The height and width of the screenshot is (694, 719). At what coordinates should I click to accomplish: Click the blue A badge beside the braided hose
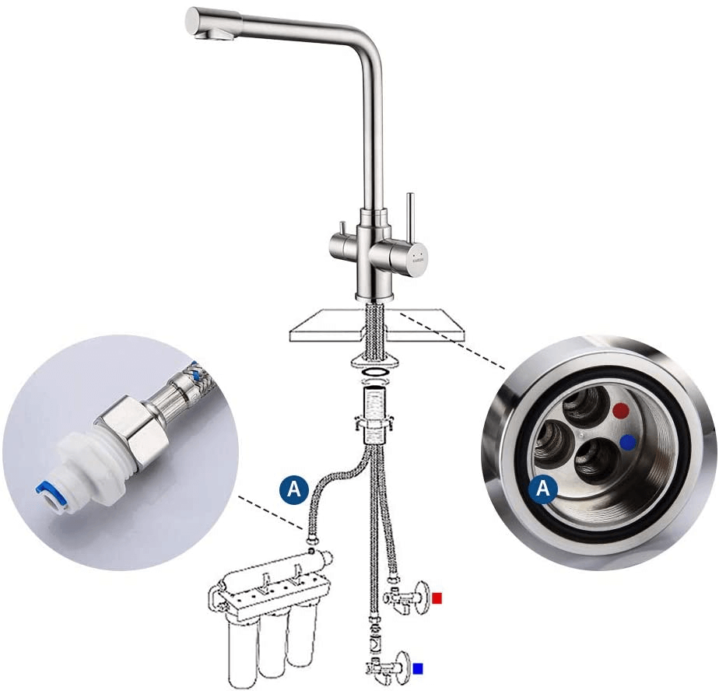pos(294,489)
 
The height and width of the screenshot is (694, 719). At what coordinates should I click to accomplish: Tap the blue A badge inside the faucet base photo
pos(543,488)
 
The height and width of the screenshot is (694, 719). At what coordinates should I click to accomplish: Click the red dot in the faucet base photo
pos(621,411)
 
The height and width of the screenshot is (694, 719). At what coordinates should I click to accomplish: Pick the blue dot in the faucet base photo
pos(628,443)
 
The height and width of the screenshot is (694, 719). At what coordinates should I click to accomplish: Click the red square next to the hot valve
pos(437,598)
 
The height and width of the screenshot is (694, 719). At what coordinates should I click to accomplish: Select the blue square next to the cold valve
pos(418,669)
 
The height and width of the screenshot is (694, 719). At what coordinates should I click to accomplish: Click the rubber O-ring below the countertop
pos(375,370)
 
